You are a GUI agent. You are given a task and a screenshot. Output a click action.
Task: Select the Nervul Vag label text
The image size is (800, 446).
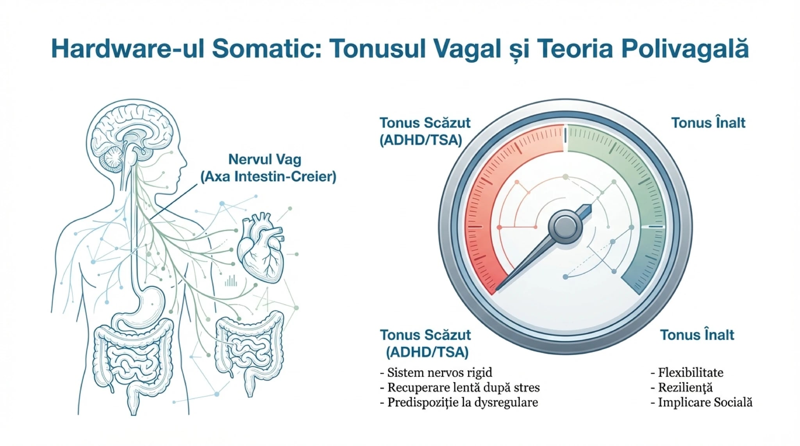pos(265,159)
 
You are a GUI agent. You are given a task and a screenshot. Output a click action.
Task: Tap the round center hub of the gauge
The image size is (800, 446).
pos(565,227)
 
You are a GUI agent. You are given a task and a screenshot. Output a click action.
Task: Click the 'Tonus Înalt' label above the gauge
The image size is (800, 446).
pos(708,123)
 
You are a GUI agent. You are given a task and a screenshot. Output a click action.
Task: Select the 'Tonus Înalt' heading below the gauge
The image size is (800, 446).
pos(697,335)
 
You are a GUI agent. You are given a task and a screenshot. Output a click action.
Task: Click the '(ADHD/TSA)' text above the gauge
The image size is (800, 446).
pos(421,140)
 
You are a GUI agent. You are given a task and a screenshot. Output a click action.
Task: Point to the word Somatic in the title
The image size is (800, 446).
pos(267,49)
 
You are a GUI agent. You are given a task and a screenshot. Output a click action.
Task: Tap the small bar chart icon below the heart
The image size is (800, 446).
pos(231,280)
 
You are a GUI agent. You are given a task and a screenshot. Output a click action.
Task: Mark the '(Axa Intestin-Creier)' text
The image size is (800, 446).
pos(268,177)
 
